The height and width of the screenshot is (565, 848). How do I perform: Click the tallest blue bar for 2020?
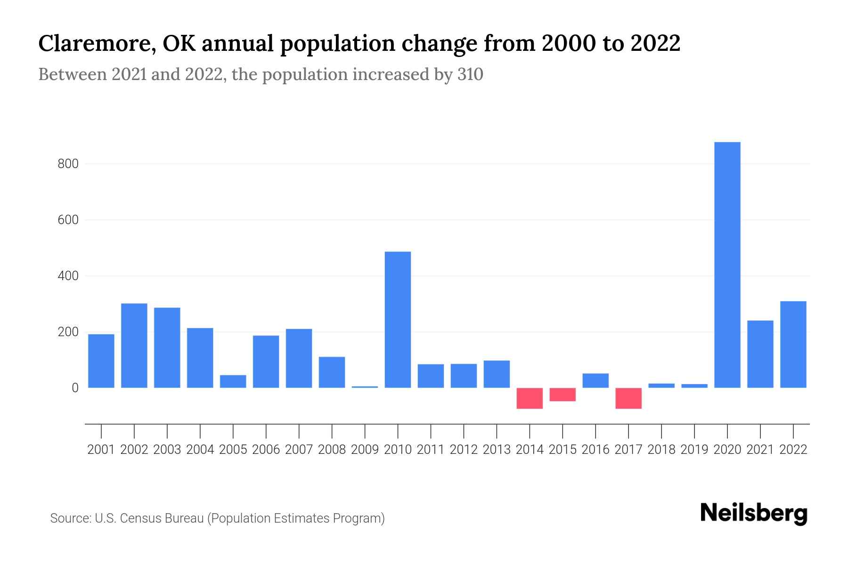pyautogui.click(x=727, y=265)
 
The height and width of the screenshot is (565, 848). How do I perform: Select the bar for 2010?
pyautogui.click(x=398, y=320)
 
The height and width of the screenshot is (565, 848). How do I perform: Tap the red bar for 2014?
pyautogui.click(x=530, y=398)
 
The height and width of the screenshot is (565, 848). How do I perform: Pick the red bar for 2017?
pyautogui.click(x=628, y=398)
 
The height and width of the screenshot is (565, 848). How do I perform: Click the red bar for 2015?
pyautogui.click(x=563, y=395)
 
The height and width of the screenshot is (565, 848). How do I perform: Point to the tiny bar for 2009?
pyautogui.click(x=365, y=387)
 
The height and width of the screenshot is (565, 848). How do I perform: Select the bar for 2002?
pyautogui.click(x=134, y=346)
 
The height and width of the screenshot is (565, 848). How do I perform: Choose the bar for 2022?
pyautogui.click(x=793, y=345)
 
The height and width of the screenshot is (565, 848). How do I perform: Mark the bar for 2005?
pyautogui.click(x=233, y=381)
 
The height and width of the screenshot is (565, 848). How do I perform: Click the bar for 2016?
pyautogui.click(x=595, y=380)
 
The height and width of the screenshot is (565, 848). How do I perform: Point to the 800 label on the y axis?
pyautogui.click(x=68, y=164)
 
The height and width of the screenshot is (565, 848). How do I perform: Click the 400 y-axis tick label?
pyautogui.click(x=68, y=276)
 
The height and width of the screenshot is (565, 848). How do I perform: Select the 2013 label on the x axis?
pyautogui.click(x=497, y=450)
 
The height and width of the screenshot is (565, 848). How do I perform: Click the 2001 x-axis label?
pyautogui.click(x=101, y=450)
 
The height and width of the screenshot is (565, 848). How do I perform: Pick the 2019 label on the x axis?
pyautogui.click(x=694, y=450)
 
